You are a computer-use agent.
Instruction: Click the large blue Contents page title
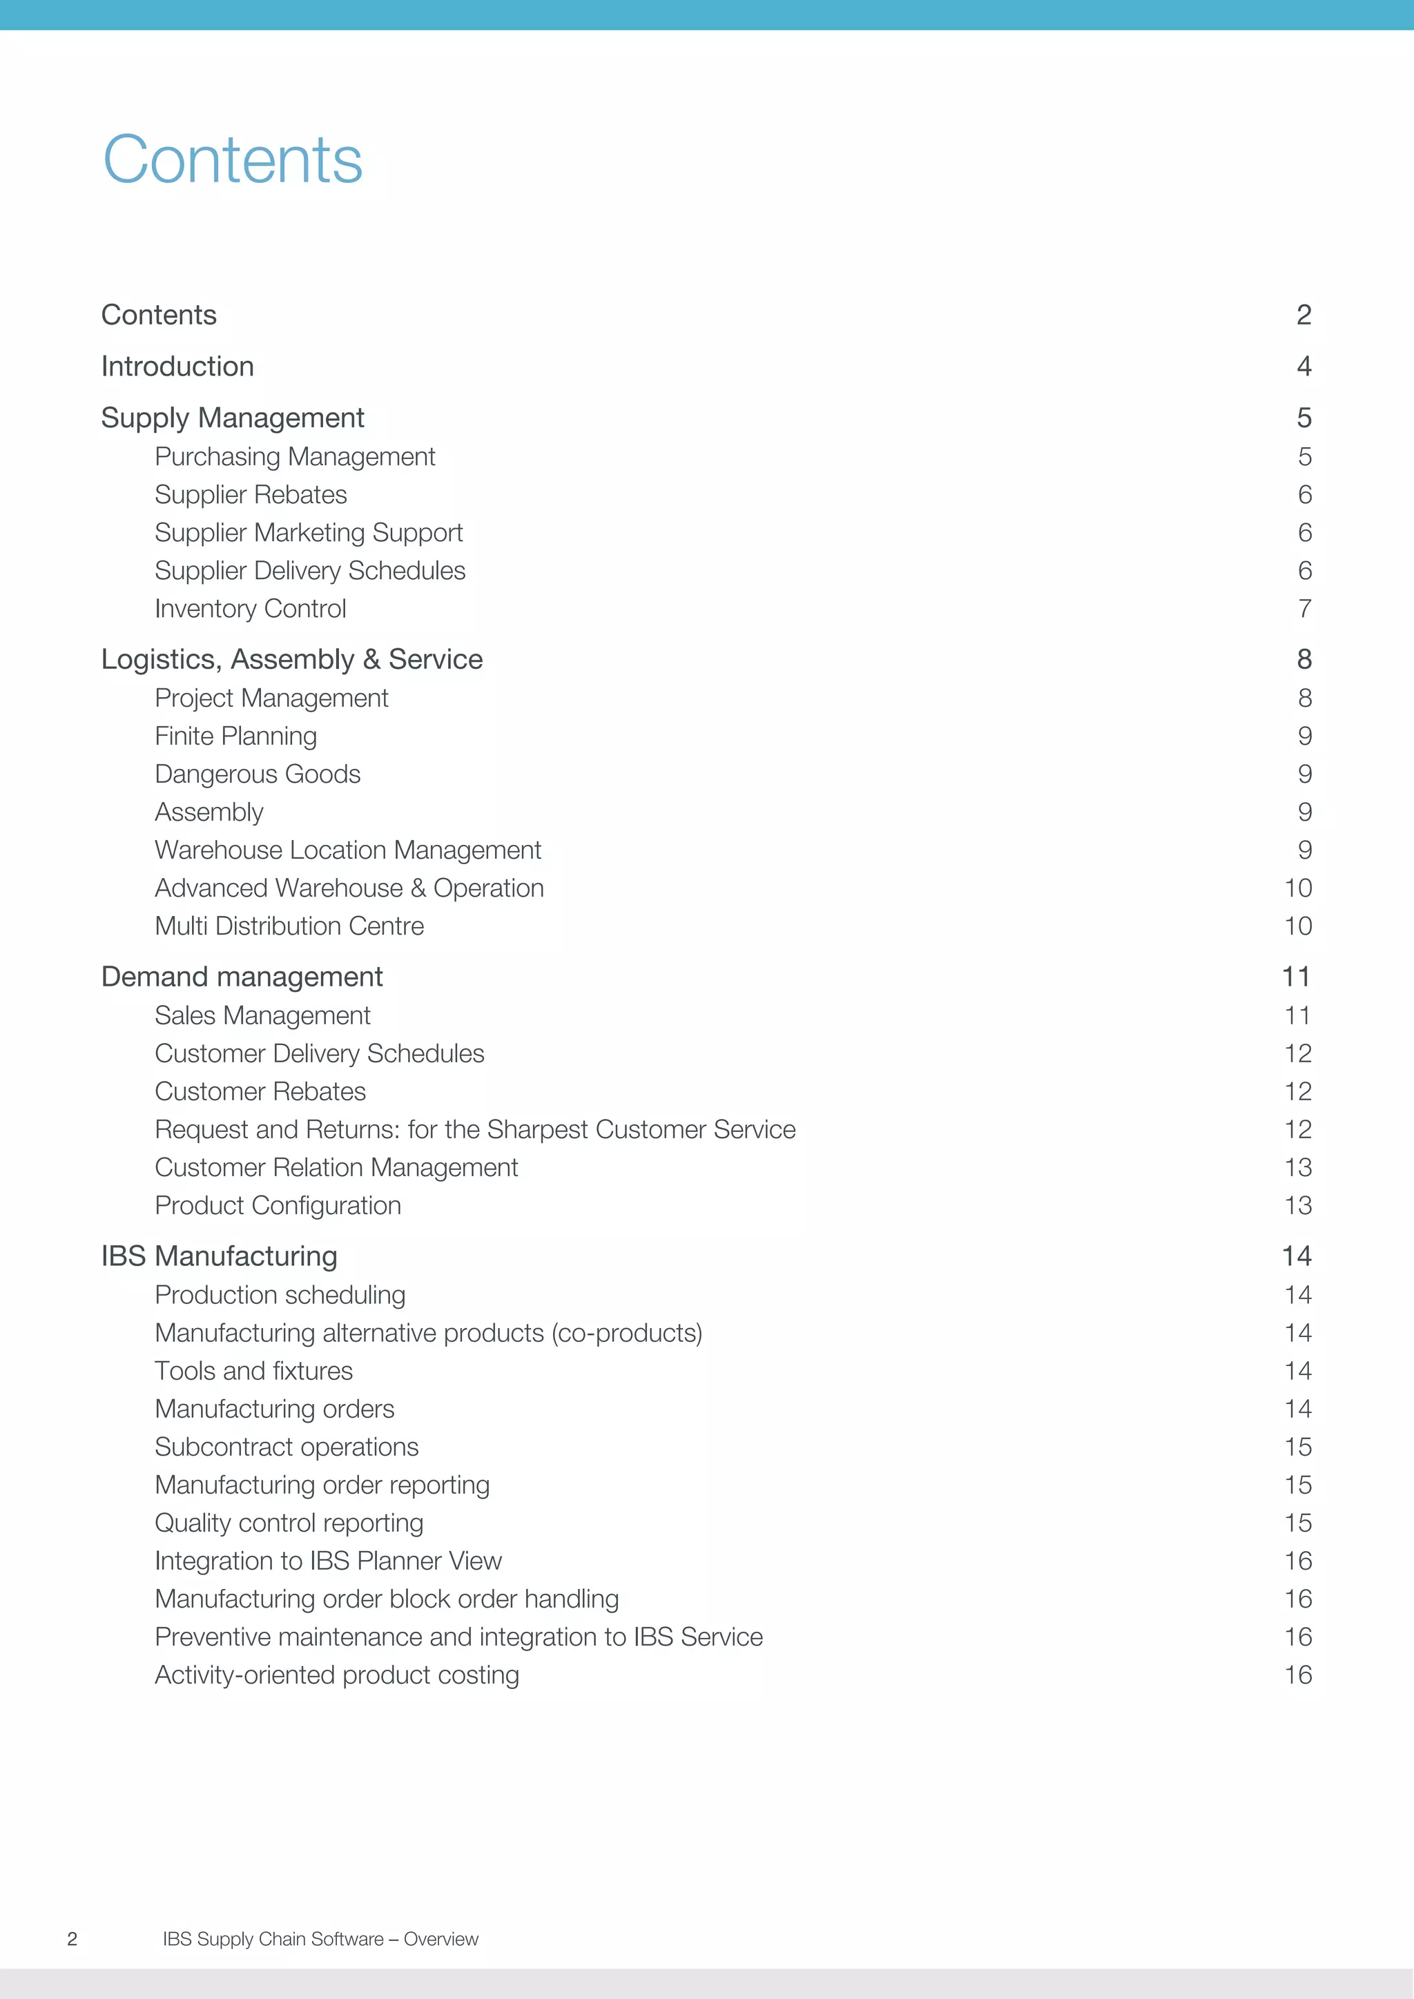click(233, 160)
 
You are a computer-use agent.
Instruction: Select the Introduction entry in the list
click(177, 367)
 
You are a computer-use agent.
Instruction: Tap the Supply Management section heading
click(233, 418)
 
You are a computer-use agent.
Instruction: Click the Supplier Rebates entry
click(251, 494)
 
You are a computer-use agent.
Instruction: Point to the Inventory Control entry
click(250, 609)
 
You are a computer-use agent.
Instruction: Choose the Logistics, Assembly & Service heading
click(291, 659)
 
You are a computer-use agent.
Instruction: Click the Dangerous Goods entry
click(257, 774)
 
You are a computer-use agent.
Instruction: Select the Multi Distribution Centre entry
click(289, 926)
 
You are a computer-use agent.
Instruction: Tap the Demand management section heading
click(242, 977)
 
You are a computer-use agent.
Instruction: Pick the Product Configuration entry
click(278, 1205)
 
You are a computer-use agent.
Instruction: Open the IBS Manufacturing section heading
click(220, 1256)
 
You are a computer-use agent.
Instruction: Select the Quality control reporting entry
click(289, 1523)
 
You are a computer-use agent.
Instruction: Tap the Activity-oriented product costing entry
click(337, 1675)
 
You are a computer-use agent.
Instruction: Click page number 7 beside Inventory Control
click(1304, 609)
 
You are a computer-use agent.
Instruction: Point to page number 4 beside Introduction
click(1304, 367)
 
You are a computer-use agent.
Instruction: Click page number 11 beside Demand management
click(1295, 977)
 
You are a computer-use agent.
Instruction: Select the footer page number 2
click(72, 1939)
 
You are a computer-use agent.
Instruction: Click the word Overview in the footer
click(440, 1939)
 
